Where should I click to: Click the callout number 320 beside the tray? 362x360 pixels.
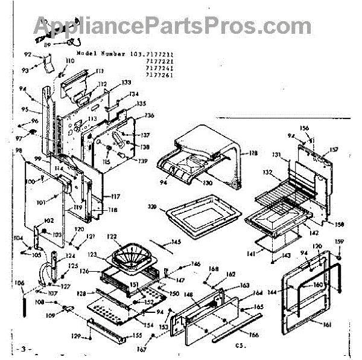click(152, 207)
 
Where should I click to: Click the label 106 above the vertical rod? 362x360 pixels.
click(19, 282)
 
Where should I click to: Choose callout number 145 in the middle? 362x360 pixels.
click(176, 243)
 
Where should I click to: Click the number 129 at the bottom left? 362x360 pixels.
click(76, 336)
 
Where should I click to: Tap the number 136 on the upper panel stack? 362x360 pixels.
click(150, 115)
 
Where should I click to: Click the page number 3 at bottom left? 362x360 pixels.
click(24, 349)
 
